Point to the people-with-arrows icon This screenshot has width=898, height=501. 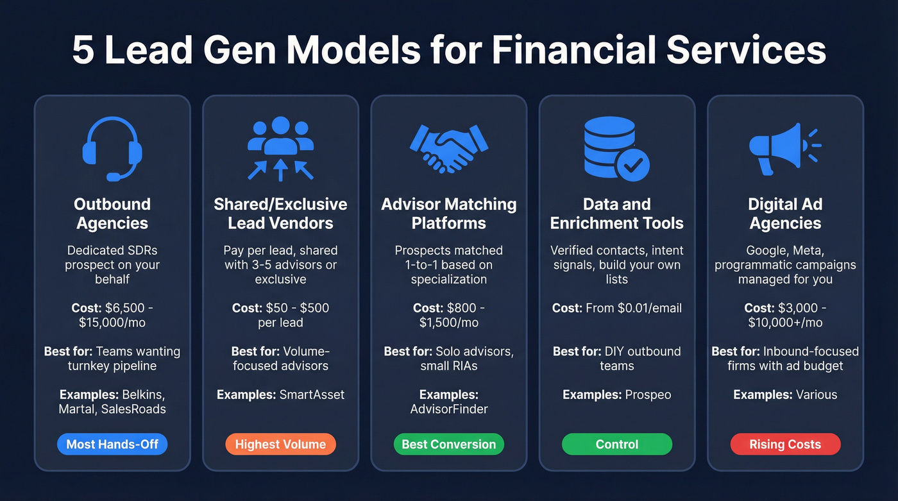(280, 148)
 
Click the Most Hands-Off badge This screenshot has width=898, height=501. (112, 444)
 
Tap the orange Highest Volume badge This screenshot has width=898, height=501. (280, 444)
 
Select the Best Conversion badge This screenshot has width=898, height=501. (449, 444)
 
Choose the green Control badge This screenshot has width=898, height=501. (616, 444)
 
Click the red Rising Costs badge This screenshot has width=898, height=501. (785, 444)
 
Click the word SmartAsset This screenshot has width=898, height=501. (312, 395)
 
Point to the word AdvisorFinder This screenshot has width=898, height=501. (449, 409)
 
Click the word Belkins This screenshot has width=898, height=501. (144, 395)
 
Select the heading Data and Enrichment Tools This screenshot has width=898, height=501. (616, 214)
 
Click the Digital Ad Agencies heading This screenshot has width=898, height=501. (785, 214)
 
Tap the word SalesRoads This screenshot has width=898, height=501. (133, 409)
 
